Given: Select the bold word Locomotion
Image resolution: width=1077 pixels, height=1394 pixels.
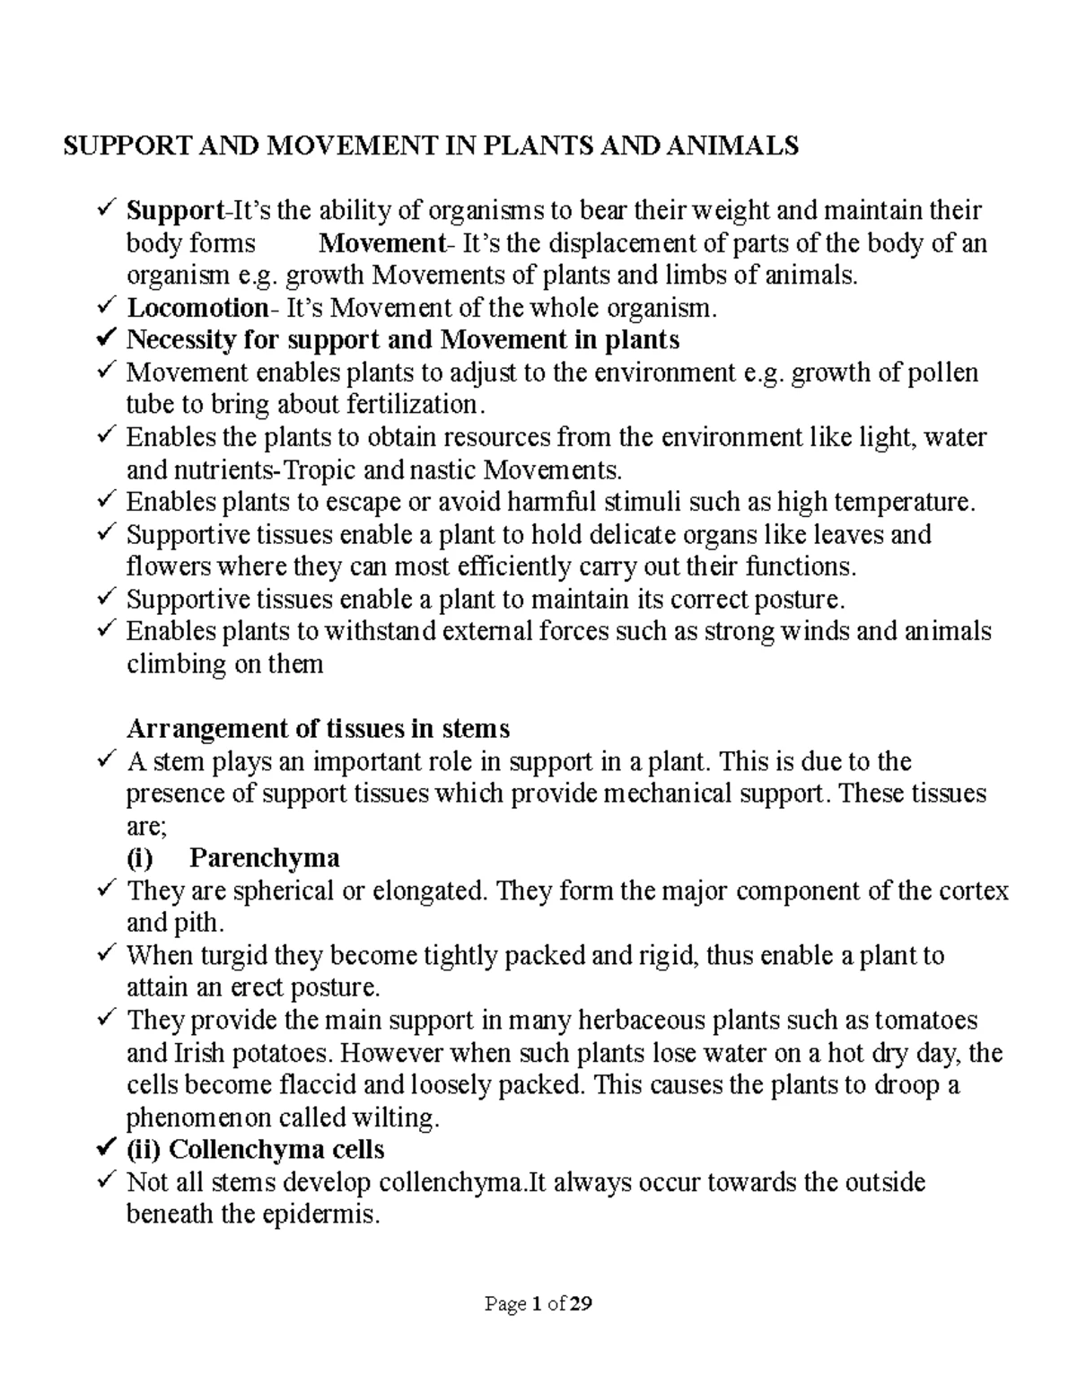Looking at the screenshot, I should tap(197, 308).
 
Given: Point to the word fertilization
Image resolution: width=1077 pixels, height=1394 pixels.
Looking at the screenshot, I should tap(413, 405).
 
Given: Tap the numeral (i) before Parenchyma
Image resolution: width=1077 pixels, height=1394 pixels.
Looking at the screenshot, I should tap(140, 858).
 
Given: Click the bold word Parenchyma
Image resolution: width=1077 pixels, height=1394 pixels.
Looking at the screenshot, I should tap(265, 858).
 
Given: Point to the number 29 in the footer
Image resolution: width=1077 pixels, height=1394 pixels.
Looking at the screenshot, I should tap(581, 1304).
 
